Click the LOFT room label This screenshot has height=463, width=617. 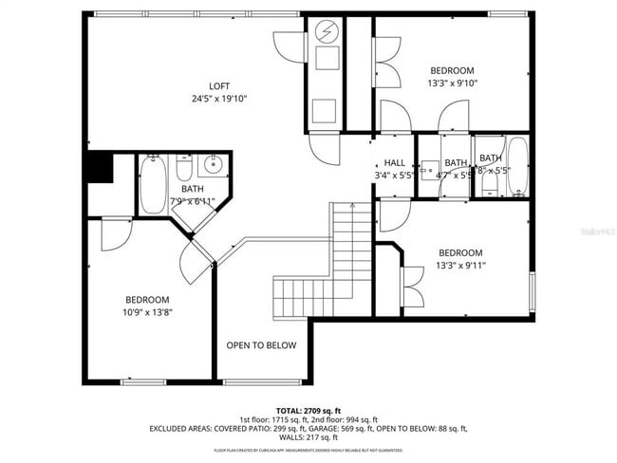pos(219,86)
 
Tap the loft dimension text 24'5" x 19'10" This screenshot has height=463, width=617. pos(219,99)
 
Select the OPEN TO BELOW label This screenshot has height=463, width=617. pos(261,345)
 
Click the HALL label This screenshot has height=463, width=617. pos(394,163)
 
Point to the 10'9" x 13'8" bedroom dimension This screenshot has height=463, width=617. pos(147,312)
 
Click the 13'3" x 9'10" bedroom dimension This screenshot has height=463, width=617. pos(452,83)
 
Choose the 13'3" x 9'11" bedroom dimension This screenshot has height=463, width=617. pos(459,266)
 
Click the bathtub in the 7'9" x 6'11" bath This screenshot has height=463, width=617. pos(153,185)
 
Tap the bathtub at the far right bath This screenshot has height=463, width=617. pos(516,166)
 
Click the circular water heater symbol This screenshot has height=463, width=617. pos(327,31)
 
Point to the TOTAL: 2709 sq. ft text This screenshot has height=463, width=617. pos(308,409)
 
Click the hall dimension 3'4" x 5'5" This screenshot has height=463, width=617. pos(394,176)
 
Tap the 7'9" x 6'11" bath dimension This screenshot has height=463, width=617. pos(192,201)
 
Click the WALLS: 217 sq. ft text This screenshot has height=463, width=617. pos(308,438)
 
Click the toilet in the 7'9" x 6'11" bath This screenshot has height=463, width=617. pos(185,168)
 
